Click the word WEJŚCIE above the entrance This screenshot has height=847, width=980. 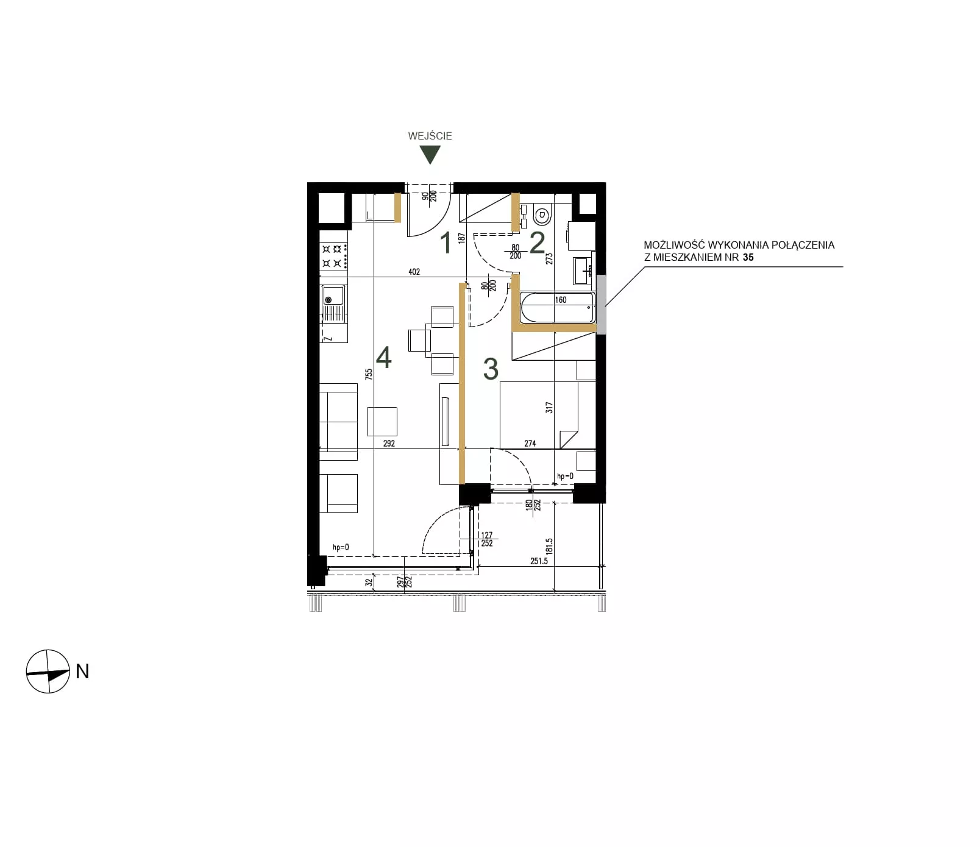click(430, 136)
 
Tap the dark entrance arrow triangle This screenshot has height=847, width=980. click(430, 155)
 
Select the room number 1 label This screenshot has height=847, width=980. click(446, 243)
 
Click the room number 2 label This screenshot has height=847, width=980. click(537, 243)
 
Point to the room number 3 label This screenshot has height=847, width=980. click(491, 369)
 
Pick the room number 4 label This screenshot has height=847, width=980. click(383, 358)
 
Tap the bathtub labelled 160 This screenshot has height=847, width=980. click(557, 308)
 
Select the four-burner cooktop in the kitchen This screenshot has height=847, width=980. click(334, 256)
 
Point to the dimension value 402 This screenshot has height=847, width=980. click(414, 272)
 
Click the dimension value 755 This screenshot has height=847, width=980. click(369, 374)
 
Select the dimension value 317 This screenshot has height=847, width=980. click(549, 408)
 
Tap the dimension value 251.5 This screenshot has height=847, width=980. click(539, 561)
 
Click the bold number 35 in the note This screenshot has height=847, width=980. click(748, 257)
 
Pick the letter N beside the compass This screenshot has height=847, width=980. click(82, 671)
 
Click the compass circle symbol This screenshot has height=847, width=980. click(48, 671)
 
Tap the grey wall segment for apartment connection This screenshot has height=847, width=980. click(601, 304)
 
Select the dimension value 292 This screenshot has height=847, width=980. click(389, 443)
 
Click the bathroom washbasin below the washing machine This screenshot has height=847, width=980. click(583, 271)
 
